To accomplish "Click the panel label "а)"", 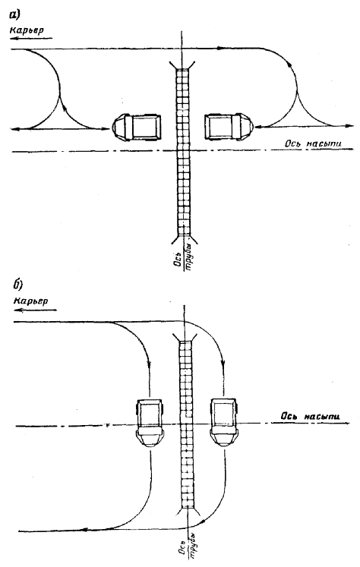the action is click(x=15, y=15).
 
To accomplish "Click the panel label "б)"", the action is click(x=18, y=285).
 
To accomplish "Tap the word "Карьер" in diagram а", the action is click(x=27, y=30).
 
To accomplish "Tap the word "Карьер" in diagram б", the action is click(x=31, y=301).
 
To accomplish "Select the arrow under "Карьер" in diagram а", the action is click(x=31, y=38).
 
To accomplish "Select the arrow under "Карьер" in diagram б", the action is click(x=36, y=310).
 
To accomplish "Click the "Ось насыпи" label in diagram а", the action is click(x=313, y=143).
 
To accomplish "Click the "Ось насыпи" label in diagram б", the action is click(x=311, y=416).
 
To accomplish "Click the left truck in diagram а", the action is click(x=137, y=128).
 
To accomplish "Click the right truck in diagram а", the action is click(x=229, y=128).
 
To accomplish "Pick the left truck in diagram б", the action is click(x=150, y=423).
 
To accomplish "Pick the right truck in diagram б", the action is click(x=224, y=422).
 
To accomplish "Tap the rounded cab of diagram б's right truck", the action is click(x=224, y=438).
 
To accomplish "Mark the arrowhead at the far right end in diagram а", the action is click(x=350, y=126).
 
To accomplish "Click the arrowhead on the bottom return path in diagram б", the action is click(x=84, y=530).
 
